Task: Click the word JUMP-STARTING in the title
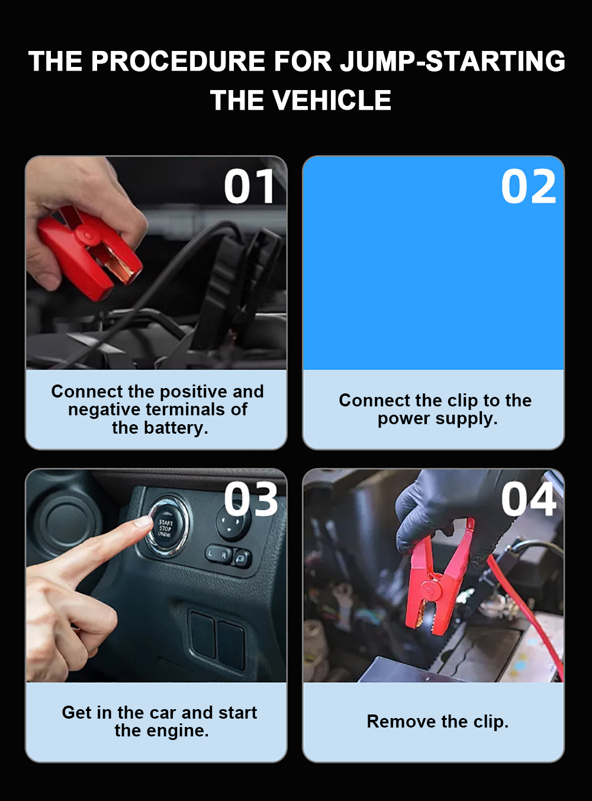453,60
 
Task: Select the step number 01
249,186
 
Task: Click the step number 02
529,186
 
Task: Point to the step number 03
250,499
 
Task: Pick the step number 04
529,499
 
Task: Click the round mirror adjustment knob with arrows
233,523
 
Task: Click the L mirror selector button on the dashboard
211,553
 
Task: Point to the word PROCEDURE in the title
178,60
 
